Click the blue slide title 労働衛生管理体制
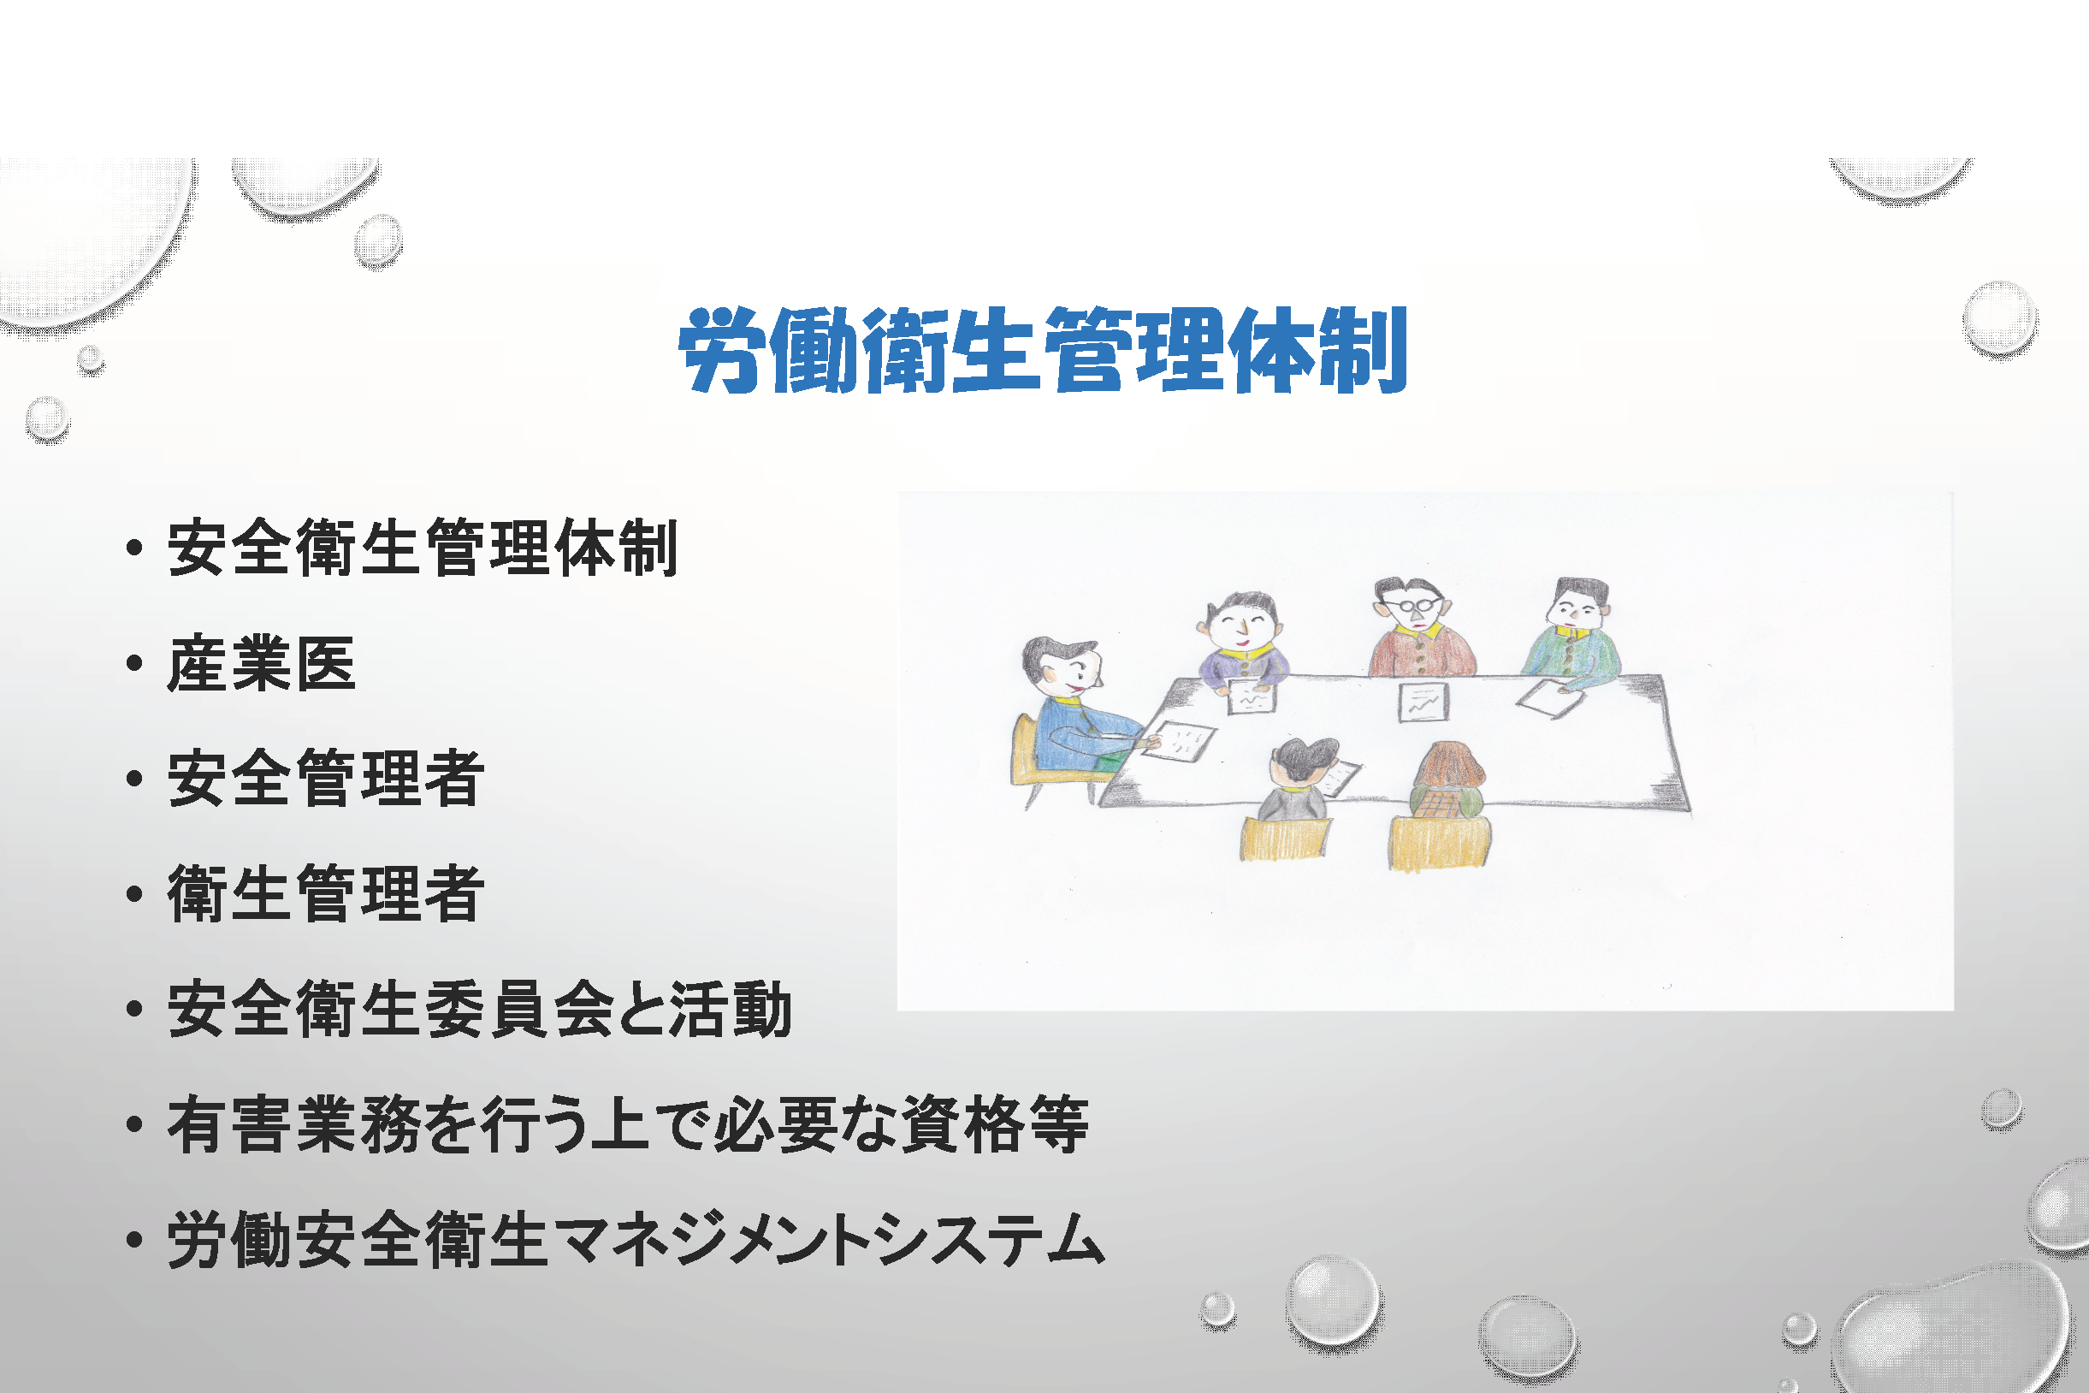tap(1044, 350)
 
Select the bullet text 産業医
tap(262, 664)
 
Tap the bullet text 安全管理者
tap(326, 779)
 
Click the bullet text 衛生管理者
tap(326, 893)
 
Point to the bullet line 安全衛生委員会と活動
tap(480, 1009)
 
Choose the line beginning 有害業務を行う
tap(628, 1124)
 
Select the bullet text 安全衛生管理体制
tap(423, 548)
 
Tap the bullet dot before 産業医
tap(135, 663)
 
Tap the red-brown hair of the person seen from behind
tap(1447, 767)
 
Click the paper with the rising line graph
tap(1423, 702)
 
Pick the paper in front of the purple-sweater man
tap(1252, 696)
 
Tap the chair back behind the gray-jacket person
tap(1285, 839)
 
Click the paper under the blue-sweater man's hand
tap(1179, 739)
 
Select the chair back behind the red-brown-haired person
tap(1440, 843)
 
